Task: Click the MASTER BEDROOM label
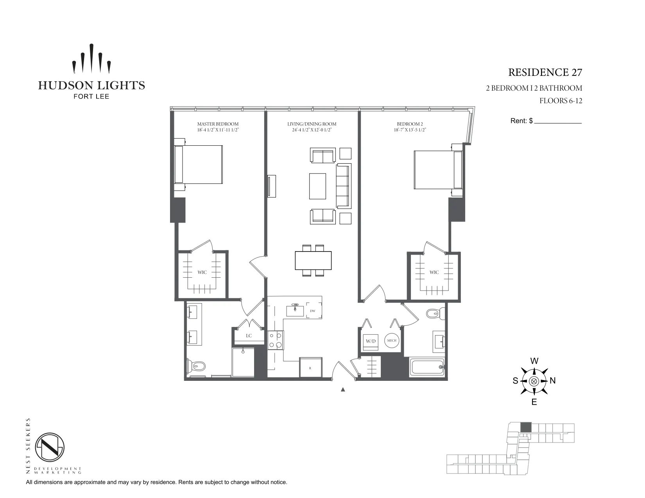click(x=218, y=124)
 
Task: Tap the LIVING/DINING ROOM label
click(x=312, y=124)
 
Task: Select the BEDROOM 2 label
click(x=410, y=124)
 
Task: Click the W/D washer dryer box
click(x=371, y=341)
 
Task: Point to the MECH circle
click(x=392, y=341)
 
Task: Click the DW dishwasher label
click(x=313, y=311)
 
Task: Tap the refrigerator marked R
click(x=310, y=368)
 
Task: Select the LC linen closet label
click(x=249, y=336)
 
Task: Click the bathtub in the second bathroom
click(x=427, y=367)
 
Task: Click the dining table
click(x=313, y=261)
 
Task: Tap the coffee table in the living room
click(x=317, y=186)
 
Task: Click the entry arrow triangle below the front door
click(x=343, y=389)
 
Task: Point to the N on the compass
click(x=553, y=381)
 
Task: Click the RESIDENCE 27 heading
click(x=545, y=73)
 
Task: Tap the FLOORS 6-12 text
click(x=561, y=101)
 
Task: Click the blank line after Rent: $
click(x=558, y=121)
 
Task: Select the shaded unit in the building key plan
click(x=526, y=427)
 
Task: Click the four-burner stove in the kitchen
click(x=275, y=340)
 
